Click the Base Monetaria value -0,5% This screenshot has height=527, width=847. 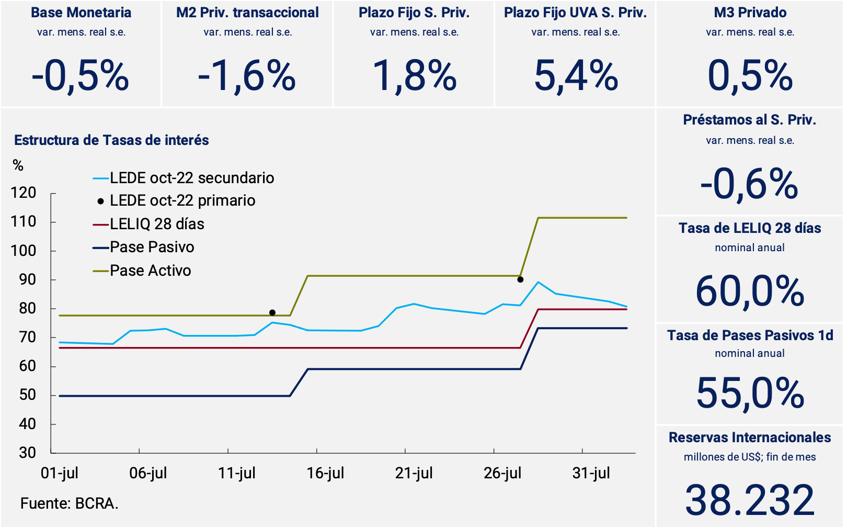pos(81,76)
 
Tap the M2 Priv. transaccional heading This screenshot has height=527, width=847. pos(247,13)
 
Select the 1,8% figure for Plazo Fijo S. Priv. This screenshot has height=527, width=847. pos(415,76)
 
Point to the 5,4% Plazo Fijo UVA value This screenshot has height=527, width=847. pos(576,76)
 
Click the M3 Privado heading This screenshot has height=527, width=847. pos(750,13)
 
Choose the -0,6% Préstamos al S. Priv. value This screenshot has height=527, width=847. pos(749,184)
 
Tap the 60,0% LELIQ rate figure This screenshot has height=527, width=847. pos(750,292)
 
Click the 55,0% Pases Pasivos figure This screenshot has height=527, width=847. pos(750,394)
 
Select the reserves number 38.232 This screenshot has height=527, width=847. pos(750,500)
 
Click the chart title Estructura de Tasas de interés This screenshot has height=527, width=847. pos(111,140)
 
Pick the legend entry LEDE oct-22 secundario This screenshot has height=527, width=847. pos(191,178)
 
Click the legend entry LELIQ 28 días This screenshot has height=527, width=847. pos(157,224)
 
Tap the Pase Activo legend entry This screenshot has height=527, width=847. pos(150,271)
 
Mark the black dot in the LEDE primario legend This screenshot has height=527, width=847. pos(100,201)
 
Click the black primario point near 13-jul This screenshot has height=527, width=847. pos(272,313)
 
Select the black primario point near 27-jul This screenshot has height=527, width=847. pos(520,279)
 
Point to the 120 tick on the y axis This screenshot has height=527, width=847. pos(24,193)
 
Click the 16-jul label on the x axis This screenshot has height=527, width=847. pos(325,473)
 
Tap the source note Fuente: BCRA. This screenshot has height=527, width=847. pos(69,503)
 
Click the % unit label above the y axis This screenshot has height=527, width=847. pos(18,166)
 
